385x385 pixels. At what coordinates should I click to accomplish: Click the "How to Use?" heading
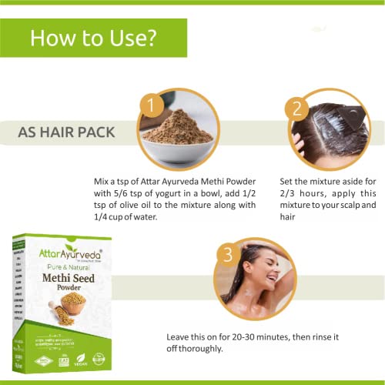(x=94, y=38)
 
